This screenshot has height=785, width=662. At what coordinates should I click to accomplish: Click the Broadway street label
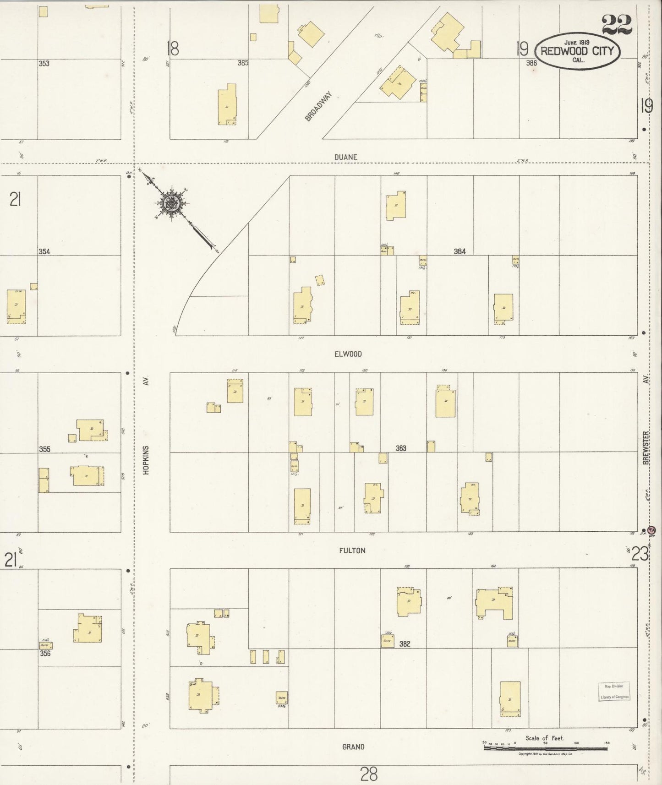(317, 106)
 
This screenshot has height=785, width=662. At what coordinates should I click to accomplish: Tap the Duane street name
(345, 157)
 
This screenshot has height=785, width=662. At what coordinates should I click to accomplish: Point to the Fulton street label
(352, 551)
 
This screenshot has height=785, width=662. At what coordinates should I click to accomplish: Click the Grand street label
(353, 747)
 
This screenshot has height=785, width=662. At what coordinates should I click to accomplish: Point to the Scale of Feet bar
(545, 748)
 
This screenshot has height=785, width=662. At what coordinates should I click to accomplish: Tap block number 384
(460, 251)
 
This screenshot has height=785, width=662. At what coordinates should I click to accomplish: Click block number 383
(401, 448)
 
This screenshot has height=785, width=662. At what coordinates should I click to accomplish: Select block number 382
(405, 644)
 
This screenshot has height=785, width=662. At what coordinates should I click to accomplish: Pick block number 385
(243, 63)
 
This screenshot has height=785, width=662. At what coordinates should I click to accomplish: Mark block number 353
(44, 64)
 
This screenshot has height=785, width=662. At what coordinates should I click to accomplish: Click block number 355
(44, 449)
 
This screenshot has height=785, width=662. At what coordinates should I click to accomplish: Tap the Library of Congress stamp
(614, 692)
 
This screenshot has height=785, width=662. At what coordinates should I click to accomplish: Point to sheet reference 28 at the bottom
(369, 774)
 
